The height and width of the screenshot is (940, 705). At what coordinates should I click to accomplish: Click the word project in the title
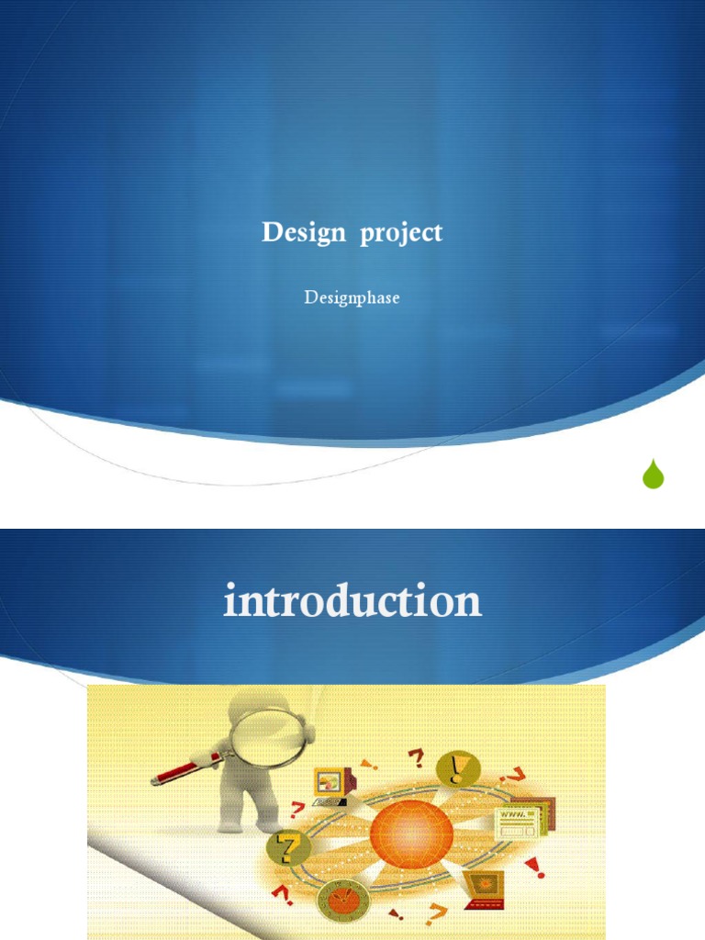(x=401, y=234)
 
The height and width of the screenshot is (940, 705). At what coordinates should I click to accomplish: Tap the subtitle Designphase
(x=352, y=298)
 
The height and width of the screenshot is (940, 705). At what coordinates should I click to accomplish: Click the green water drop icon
(x=653, y=474)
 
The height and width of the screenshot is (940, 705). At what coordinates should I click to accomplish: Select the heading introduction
(x=352, y=601)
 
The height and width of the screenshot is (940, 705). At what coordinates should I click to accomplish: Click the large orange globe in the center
(x=411, y=834)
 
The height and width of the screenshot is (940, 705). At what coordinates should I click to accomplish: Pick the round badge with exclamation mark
(x=457, y=767)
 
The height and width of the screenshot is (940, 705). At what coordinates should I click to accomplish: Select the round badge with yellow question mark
(x=287, y=848)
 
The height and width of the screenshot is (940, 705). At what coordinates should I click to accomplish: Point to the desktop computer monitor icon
(x=332, y=784)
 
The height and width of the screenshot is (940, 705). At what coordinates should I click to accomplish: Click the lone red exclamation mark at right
(x=533, y=867)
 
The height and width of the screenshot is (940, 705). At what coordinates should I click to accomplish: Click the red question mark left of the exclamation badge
(x=416, y=758)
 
